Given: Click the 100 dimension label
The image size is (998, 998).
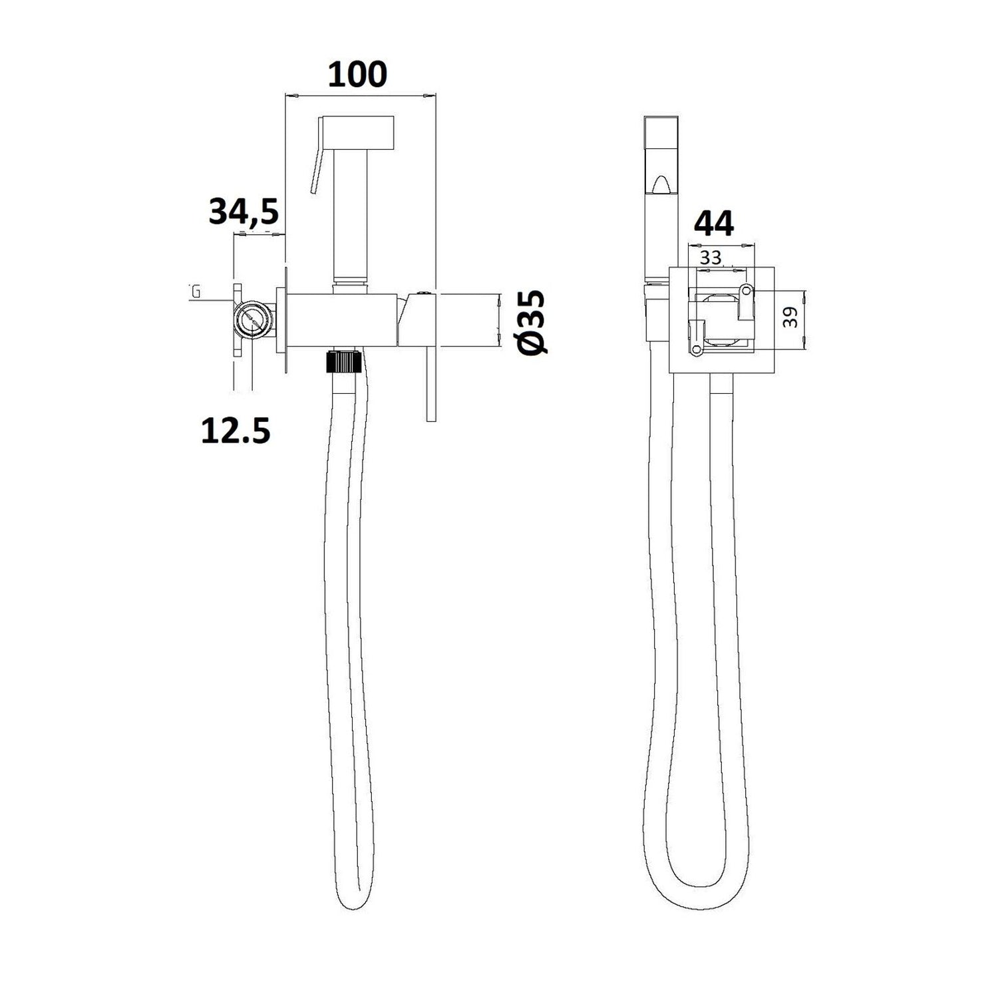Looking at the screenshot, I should (x=357, y=75).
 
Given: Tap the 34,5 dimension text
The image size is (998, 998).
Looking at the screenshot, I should (x=244, y=212).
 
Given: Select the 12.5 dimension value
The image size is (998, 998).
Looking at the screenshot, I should (x=236, y=431).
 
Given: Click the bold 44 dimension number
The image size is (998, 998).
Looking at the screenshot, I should (x=713, y=224).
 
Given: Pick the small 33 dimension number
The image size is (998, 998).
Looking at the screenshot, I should (x=711, y=257).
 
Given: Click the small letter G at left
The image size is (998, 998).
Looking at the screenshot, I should (x=196, y=291).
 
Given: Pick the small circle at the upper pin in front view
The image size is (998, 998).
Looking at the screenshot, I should (x=747, y=290).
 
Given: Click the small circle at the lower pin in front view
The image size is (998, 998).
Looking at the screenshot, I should (x=695, y=350).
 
